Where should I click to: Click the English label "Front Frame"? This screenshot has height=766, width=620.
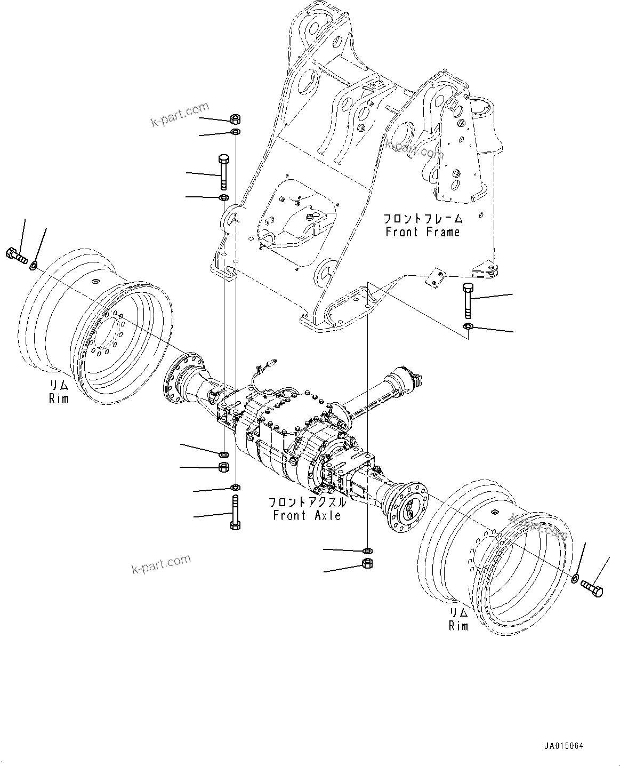(x=422, y=232)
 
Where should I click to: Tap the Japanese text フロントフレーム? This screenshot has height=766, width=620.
(x=422, y=219)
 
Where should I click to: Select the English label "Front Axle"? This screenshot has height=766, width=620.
(x=307, y=515)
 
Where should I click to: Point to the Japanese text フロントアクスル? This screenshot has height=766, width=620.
(x=307, y=502)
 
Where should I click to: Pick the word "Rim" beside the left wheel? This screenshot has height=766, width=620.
(x=59, y=398)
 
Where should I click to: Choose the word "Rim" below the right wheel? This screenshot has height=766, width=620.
(x=458, y=626)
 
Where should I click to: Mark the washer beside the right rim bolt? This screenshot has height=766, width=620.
(x=575, y=579)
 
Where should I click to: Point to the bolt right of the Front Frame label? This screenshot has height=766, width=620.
(x=468, y=300)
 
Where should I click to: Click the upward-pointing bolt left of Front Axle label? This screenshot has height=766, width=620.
(x=235, y=512)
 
